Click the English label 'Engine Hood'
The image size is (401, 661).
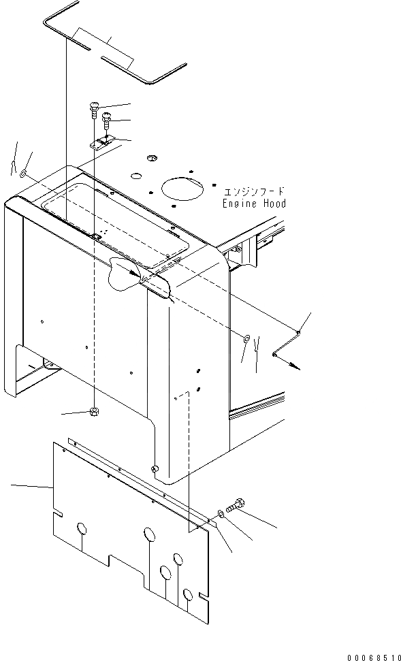point(254,204)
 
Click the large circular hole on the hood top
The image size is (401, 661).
point(182,189)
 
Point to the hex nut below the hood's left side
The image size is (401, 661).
point(93,411)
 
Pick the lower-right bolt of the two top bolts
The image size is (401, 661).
point(106,120)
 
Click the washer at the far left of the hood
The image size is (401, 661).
point(24,174)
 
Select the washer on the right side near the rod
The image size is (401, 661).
point(246,338)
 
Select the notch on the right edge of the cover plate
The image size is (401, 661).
point(204,598)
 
